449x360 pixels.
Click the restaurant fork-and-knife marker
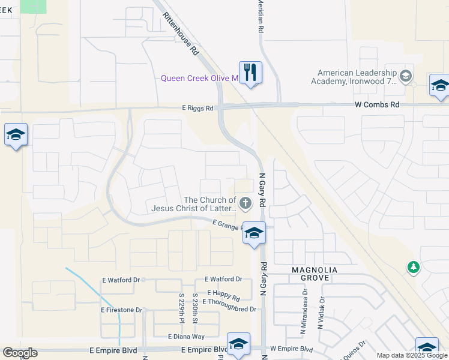250,73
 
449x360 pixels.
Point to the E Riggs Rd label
198,109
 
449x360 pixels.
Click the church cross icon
245,204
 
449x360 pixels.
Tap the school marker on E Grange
254,233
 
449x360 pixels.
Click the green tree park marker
413,268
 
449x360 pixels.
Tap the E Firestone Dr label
121,310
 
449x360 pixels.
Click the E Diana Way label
186,337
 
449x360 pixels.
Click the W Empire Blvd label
292,349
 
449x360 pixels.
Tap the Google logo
20,353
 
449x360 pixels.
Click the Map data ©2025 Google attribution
412,355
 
